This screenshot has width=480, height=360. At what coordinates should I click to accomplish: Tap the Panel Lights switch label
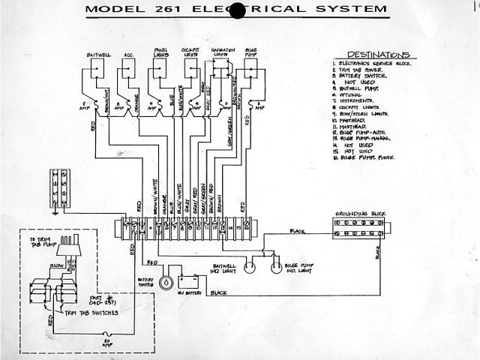tap(159, 51)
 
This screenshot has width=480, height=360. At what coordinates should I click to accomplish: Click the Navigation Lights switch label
tap(222, 51)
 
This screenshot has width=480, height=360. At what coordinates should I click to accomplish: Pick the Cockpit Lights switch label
tap(191, 51)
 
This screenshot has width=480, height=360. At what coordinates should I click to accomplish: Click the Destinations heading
tap(371, 55)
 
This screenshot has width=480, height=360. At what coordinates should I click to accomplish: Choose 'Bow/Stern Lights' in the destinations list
tap(367, 113)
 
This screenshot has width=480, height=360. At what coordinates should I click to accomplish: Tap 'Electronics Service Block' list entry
tap(372, 64)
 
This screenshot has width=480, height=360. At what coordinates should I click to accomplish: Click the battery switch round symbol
tap(166, 282)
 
